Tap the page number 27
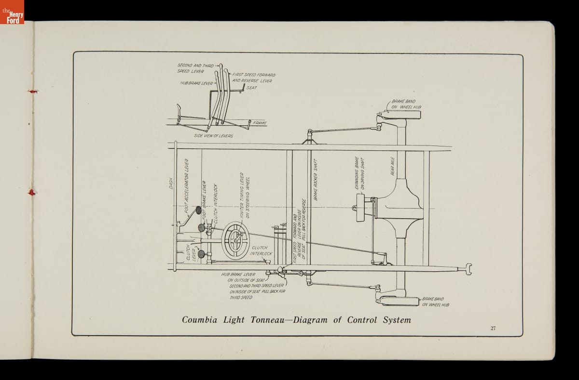coord(493,328)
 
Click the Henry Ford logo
coord(12,13)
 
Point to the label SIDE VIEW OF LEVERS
coord(213,136)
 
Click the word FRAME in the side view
coord(260,123)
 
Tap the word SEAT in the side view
coord(252,88)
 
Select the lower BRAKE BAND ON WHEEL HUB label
coord(435,301)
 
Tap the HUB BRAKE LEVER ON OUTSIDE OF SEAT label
coord(244,277)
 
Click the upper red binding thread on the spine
coord(32,91)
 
